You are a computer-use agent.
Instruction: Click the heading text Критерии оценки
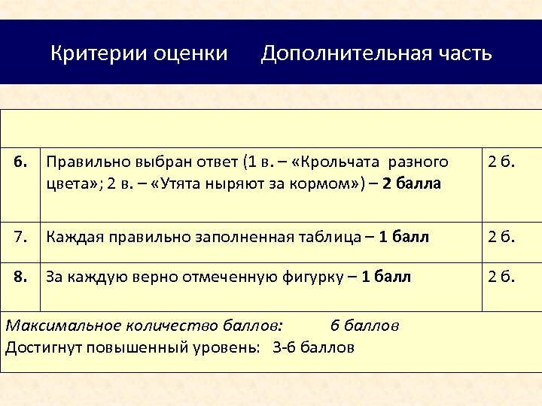(139, 54)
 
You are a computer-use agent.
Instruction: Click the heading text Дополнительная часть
(376, 54)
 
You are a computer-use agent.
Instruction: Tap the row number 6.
(23, 162)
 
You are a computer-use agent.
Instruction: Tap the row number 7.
(23, 238)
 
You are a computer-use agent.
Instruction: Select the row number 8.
(23, 277)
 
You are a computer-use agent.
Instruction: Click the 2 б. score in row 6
(501, 162)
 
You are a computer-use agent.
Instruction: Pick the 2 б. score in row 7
(501, 238)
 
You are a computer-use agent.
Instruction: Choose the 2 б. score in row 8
(501, 277)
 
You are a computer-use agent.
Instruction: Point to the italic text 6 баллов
(364, 326)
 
